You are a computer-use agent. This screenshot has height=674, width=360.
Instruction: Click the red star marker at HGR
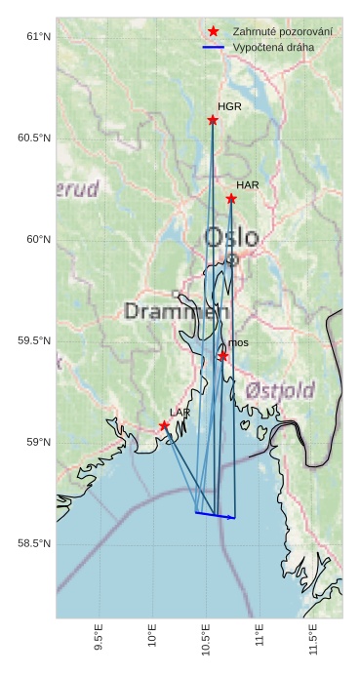[213, 120]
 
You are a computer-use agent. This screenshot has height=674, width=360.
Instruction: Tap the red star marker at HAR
[231, 199]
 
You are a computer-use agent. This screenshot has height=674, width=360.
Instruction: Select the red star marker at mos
[223, 356]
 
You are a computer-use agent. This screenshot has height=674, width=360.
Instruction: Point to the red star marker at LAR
[164, 425]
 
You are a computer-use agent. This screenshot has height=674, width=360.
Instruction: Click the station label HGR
[229, 106]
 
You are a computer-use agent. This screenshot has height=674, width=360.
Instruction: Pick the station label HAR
[248, 184]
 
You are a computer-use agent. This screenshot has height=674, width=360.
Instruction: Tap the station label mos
[239, 342]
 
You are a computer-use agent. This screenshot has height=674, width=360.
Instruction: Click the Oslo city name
[231, 237]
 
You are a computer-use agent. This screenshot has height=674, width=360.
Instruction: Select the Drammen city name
[177, 311]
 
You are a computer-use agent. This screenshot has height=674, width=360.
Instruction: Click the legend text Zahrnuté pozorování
[282, 32]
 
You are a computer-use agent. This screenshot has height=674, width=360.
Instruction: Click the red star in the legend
[213, 31]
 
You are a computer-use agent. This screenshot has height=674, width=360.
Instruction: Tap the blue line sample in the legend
[213, 47]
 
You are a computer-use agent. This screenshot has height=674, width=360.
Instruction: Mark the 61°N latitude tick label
[37, 37]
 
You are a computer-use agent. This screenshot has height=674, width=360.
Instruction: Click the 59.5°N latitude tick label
[34, 340]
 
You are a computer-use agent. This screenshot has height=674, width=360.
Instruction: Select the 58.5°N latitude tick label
[34, 543]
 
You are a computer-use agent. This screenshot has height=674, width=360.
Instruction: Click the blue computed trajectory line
[215, 515]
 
